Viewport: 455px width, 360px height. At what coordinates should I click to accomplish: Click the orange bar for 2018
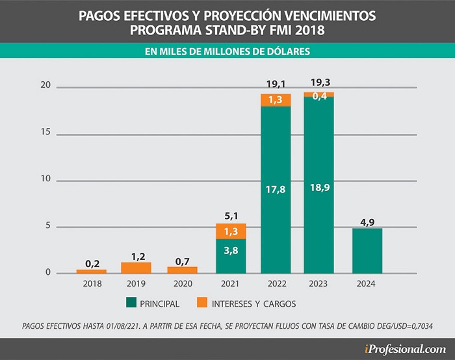[92, 272]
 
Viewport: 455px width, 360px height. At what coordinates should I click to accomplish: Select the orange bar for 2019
[136, 268]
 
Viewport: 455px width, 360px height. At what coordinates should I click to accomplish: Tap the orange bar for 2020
[182, 270]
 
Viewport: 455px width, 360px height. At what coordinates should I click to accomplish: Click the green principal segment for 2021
[231, 256]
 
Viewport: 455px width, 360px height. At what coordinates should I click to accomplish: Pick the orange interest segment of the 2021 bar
[231, 231]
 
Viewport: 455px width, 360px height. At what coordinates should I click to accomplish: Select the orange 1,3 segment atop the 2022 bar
[276, 100]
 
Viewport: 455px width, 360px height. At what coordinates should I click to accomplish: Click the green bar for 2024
[367, 251]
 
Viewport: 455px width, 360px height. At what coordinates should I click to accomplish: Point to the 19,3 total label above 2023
[320, 83]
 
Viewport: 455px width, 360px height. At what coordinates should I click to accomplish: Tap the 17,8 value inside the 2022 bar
[276, 190]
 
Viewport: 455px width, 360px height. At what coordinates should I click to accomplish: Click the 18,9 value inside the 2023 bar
[320, 188]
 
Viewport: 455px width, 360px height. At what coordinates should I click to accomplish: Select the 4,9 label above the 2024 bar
[367, 222]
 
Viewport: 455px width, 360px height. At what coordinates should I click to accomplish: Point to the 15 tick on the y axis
[45, 132]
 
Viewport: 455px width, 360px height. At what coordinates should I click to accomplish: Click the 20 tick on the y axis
[45, 84]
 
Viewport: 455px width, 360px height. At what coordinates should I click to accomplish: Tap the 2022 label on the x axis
[277, 283]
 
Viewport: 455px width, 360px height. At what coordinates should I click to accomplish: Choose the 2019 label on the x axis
[136, 283]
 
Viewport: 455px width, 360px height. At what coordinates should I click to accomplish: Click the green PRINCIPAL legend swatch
[131, 302]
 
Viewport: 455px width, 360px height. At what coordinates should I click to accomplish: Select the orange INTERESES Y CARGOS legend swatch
[202, 302]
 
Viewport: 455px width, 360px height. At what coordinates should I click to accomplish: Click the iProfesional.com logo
[406, 349]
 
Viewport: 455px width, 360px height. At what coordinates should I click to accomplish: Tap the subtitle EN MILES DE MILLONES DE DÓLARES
[227, 51]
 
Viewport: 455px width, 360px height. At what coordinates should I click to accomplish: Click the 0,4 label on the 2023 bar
[320, 96]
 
